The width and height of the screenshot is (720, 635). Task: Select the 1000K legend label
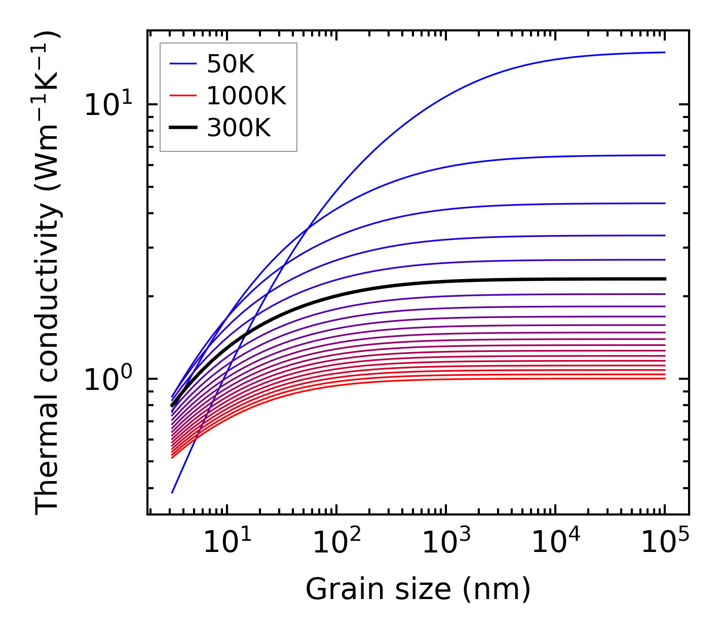point(247,96)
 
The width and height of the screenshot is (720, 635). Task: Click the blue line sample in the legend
point(182,64)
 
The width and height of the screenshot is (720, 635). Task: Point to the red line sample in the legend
point(182,96)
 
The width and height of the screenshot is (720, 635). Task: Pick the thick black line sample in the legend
point(182,128)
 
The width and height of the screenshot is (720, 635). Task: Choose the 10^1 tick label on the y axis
point(107,105)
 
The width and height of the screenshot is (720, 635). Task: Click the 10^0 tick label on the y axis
point(107,379)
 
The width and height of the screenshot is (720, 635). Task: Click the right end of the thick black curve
point(665,279)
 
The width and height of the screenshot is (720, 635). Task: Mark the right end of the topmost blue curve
point(665,52)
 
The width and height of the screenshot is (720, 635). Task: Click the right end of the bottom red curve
point(665,378)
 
